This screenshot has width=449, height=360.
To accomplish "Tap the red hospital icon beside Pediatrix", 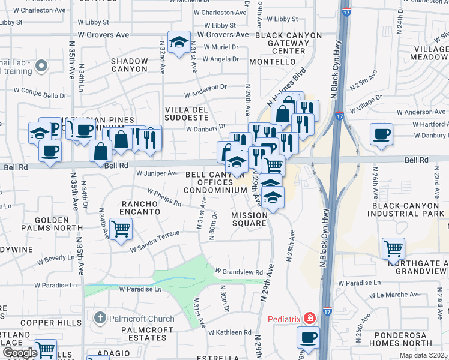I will tap(309, 317).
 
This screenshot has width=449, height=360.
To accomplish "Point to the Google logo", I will tap(20, 352).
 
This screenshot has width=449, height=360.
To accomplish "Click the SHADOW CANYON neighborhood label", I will tap(129, 65).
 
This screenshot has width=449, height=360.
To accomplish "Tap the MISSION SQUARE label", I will tap(249, 219).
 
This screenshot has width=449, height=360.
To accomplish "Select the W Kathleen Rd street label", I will tap(230, 332).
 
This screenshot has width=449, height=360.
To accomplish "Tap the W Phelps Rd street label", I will tap(159, 199).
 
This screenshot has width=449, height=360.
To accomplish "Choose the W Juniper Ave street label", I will tap(157, 173).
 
